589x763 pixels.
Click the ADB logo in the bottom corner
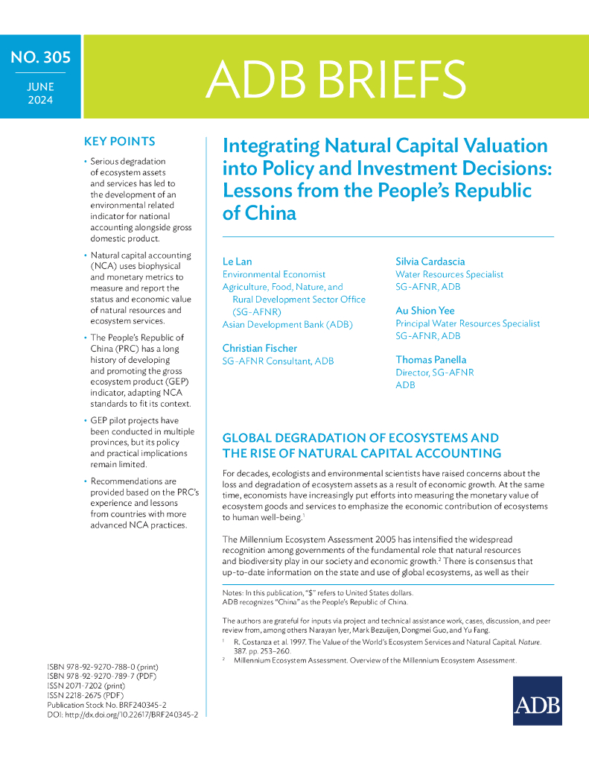pyautogui.click(x=537, y=700)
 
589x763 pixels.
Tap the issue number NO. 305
pyautogui.click(x=40, y=58)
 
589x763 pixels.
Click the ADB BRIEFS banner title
pyautogui.click(x=336, y=77)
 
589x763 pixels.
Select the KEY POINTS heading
pyautogui.click(x=120, y=142)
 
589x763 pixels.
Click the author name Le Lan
pyautogui.click(x=237, y=262)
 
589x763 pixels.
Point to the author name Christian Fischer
pyautogui.click(x=260, y=348)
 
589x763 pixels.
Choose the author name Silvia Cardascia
pyautogui.click(x=430, y=262)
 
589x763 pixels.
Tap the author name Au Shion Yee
pyautogui.click(x=425, y=311)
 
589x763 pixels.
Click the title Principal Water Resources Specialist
pyautogui.click(x=468, y=323)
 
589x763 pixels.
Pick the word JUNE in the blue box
pyautogui.click(x=40, y=86)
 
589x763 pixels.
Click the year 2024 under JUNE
pyautogui.click(x=40, y=99)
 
